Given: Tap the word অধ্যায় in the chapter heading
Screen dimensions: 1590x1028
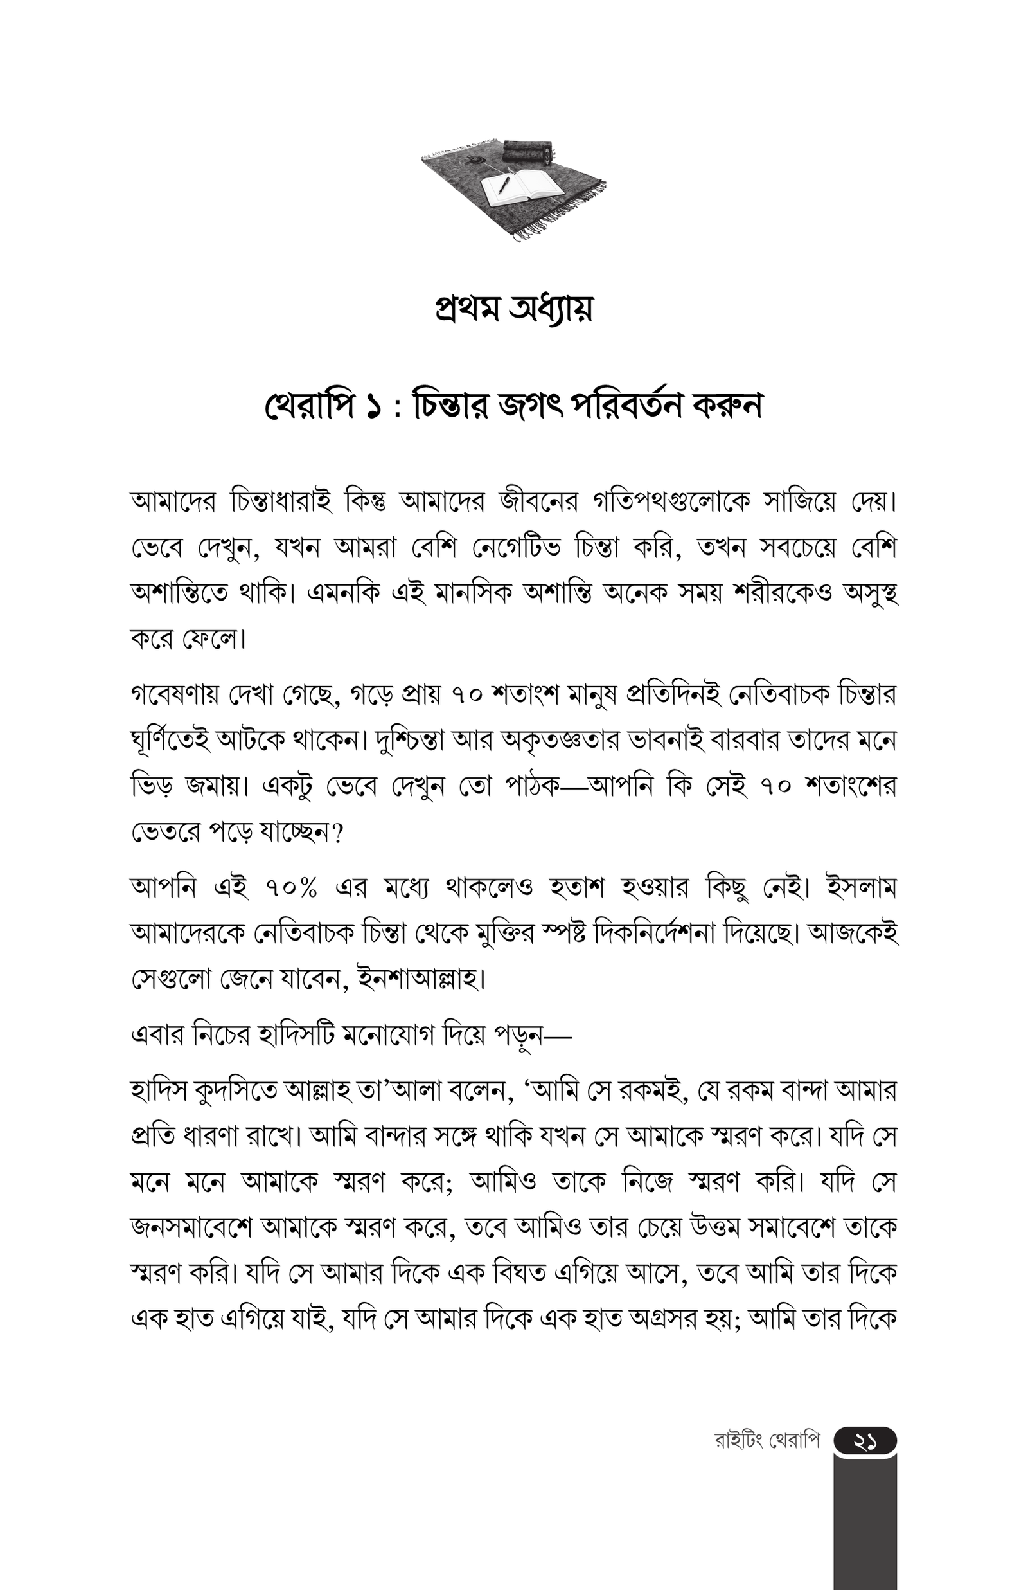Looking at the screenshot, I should click(550, 309).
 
